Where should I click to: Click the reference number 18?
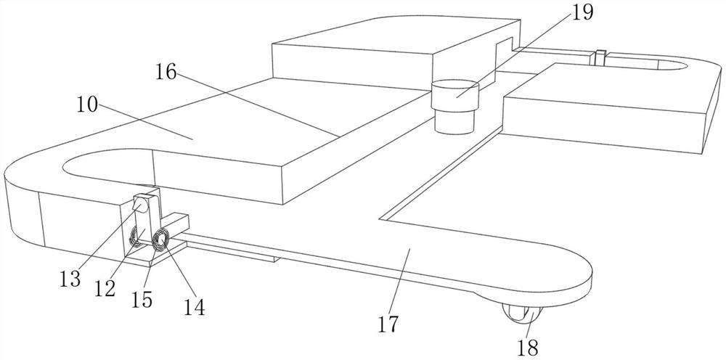[529, 347]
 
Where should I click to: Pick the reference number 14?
[194, 306]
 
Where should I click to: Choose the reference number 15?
[142, 299]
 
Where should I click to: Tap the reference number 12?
[105, 288]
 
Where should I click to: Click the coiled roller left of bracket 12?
[135, 237]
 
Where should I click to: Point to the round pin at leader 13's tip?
[143, 206]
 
